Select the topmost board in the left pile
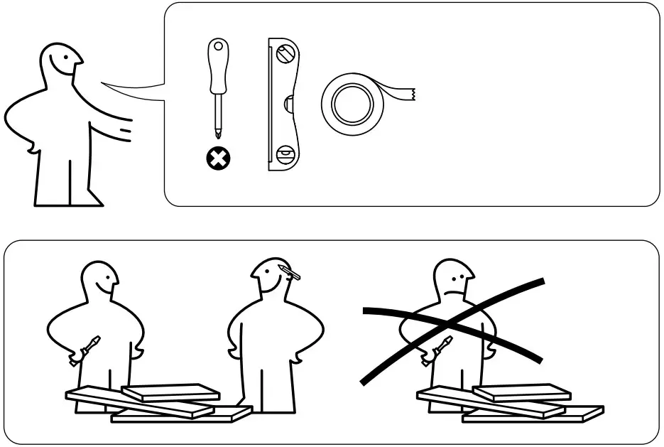tap(170, 392)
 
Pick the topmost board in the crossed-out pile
tap(522, 392)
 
